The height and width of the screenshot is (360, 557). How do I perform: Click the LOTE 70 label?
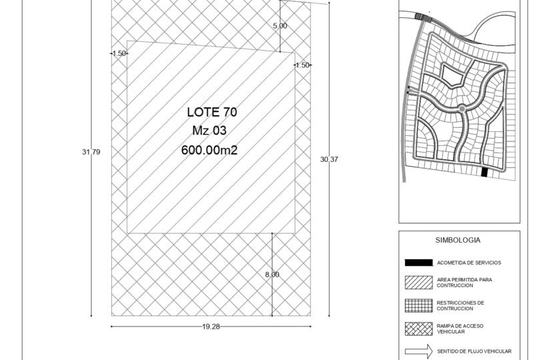pyautogui.click(x=211, y=112)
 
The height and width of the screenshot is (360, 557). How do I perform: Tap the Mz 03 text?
pyautogui.click(x=209, y=131)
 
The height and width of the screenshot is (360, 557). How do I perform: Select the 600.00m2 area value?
pyautogui.click(x=209, y=150)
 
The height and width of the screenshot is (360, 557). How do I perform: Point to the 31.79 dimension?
pyautogui.click(x=91, y=152)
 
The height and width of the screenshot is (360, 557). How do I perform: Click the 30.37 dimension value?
pyautogui.click(x=329, y=159)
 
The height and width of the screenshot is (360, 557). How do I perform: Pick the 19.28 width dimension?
pyautogui.click(x=211, y=327)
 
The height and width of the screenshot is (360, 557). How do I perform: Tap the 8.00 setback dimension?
pyautogui.click(x=272, y=275)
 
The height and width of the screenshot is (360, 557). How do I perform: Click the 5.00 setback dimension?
pyautogui.click(x=280, y=26)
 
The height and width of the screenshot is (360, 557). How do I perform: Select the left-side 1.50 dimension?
pyautogui.click(x=119, y=53)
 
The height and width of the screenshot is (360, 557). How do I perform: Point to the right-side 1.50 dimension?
pyautogui.click(x=303, y=65)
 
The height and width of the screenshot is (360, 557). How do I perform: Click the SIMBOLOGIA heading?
pyautogui.click(x=458, y=240)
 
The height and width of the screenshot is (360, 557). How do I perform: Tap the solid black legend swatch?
pyautogui.click(x=419, y=263)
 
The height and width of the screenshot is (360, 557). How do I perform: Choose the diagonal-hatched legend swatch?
pyautogui.click(x=419, y=283)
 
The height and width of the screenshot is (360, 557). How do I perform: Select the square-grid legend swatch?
pyautogui.click(x=419, y=306)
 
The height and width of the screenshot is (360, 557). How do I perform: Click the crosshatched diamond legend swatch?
pyautogui.click(x=419, y=329)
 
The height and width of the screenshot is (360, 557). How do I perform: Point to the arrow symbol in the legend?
pyautogui.click(x=419, y=351)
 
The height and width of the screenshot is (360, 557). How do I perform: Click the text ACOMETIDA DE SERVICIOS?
pyautogui.click(x=469, y=263)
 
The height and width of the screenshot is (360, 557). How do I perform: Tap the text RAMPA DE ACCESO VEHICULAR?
pyautogui.click(x=460, y=329)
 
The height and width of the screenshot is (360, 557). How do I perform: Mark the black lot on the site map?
pyautogui.click(x=484, y=172)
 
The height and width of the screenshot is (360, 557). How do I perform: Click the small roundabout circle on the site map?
pyautogui.click(x=462, y=109)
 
